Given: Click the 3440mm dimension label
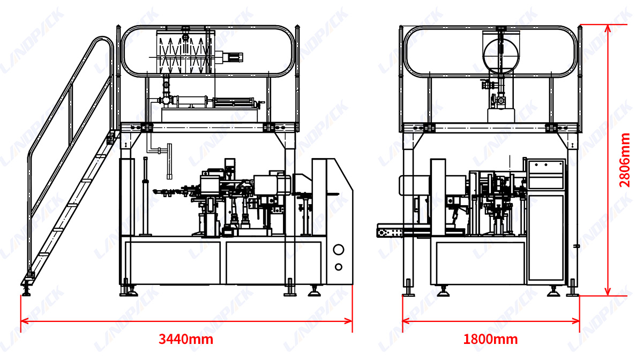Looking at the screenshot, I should (186, 339).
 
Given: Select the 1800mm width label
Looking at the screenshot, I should (490, 339).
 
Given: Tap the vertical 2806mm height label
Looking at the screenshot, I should (625, 160).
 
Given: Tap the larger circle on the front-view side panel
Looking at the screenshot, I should (339, 250).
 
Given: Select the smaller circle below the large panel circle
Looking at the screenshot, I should (339, 267).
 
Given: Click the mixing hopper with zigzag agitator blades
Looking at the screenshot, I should (184, 52).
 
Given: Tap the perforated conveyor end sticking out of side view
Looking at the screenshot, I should (391, 232).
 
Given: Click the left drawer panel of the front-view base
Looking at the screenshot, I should (173, 262).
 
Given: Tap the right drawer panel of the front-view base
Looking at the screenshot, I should (274, 262).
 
